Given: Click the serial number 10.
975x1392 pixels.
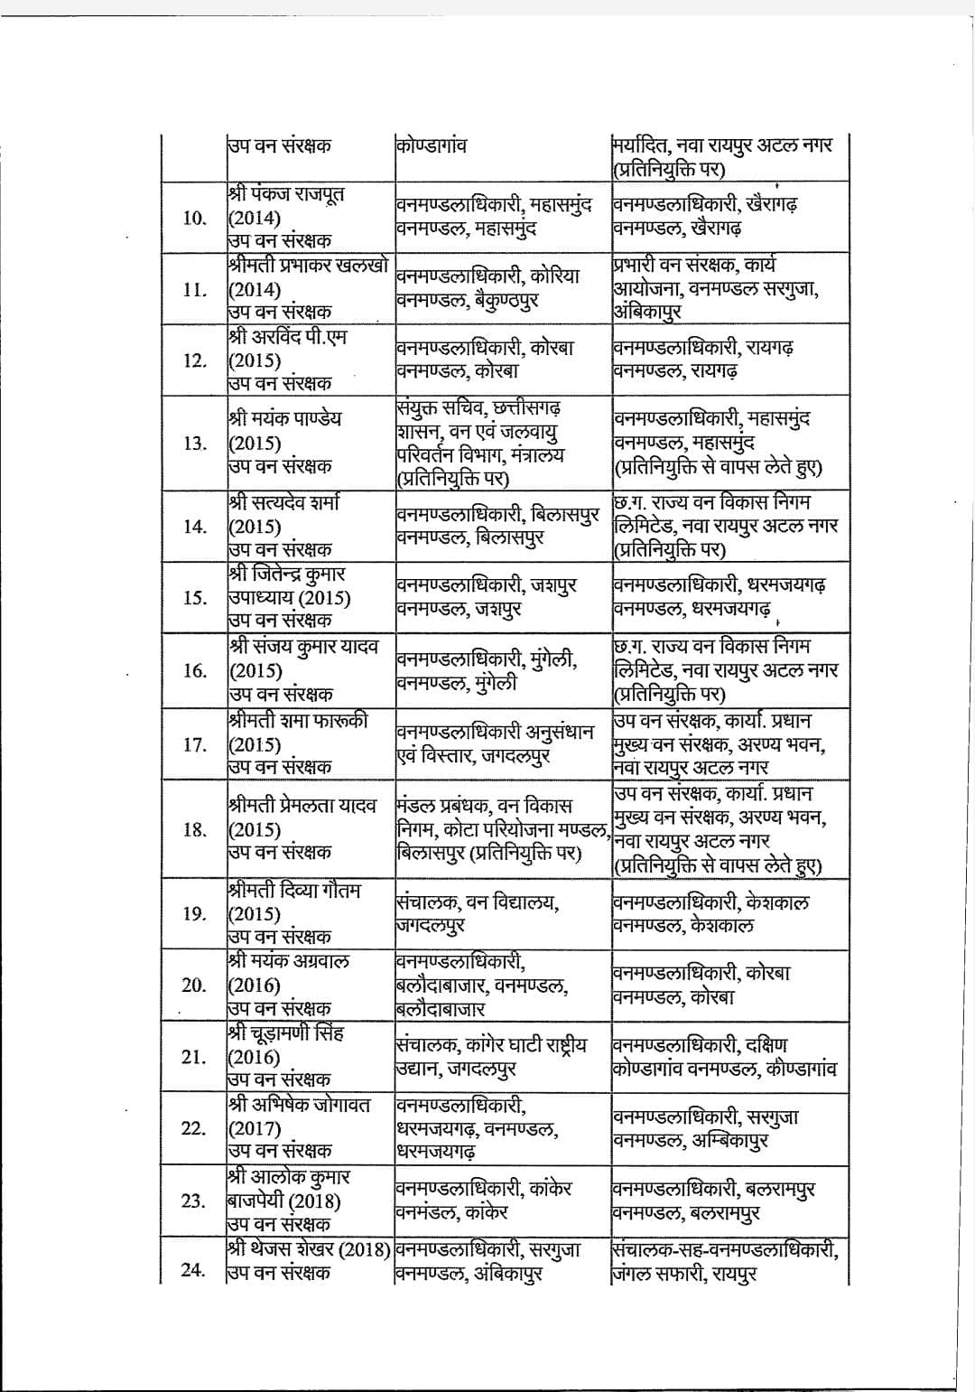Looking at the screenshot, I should [x=194, y=218].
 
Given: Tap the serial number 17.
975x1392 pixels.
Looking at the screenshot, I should [x=194, y=745].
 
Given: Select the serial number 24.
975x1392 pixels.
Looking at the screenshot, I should [x=193, y=1271].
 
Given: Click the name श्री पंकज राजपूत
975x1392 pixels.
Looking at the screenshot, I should [x=286, y=194].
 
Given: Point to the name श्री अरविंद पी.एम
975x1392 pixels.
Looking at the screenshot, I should [x=287, y=337].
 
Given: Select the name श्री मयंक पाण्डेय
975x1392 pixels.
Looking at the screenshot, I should [x=284, y=419].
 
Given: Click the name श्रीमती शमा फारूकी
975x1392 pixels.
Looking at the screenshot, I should [x=298, y=721].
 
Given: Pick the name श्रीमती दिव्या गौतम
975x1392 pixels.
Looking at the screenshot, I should [x=294, y=890].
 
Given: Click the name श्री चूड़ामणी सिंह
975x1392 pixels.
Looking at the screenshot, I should [x=285, y=1032].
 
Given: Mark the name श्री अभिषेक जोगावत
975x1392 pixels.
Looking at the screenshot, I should [x=299, y=1104].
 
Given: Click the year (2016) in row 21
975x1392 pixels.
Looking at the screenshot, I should [x=254, y=1057].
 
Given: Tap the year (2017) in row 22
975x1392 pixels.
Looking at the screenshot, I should [x=254, y=1128].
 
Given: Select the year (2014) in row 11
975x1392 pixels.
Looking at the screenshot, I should [x=254, y=290].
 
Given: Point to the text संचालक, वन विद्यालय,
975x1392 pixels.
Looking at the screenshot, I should [x=477, y=902].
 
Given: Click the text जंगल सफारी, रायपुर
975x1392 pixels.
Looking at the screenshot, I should [x=683, y=1275].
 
